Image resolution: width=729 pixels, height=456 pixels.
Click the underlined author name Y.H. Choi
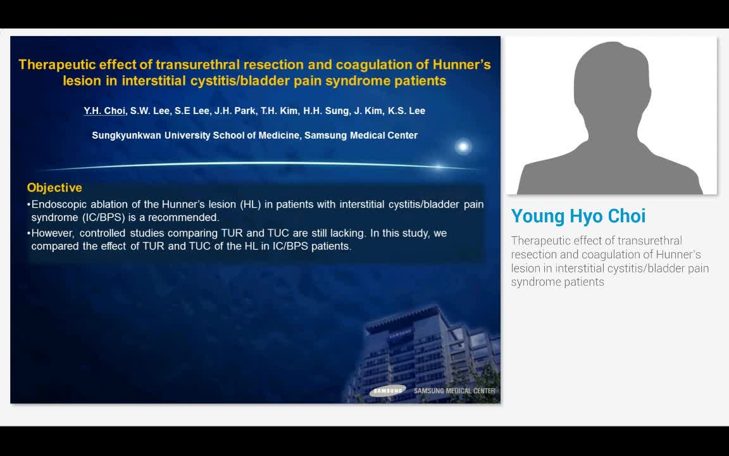(x=104, y=111)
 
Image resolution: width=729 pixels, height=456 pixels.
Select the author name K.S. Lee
(x=408, y=111)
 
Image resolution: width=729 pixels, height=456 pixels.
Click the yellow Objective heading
(x=54, y=188)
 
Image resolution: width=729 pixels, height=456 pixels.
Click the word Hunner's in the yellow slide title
(x=462, y=65)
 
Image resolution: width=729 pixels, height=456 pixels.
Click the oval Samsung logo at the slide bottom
(x=387, y=391)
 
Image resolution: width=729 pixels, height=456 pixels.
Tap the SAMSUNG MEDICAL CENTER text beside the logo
(x=454, y=391)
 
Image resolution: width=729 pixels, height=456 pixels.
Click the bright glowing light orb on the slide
(x=463, y=147)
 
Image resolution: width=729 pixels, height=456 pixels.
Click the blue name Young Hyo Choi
(x=578, y=216)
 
